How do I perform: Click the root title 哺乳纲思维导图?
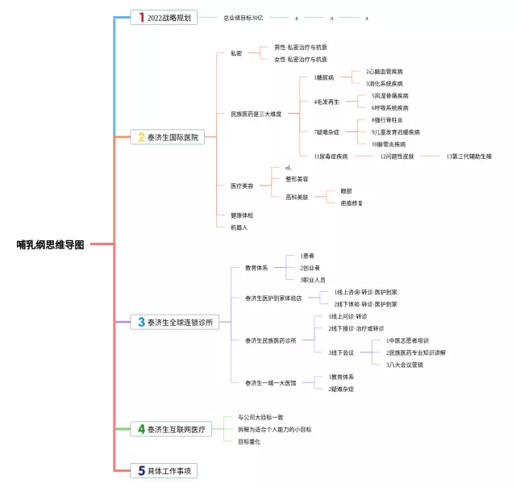click(x=50, y=244)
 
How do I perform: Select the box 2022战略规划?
click(x=164, y=17)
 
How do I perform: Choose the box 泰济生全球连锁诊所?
click(x=175, y=322)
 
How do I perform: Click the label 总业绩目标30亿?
click(x=243, y=17)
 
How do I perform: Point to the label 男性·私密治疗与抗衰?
click(x=301, y=48)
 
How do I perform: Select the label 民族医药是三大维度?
click(x=256, y=114)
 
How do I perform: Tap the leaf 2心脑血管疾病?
click(x=385, y=72)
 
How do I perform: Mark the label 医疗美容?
click(x=242, y=186)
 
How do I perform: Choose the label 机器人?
click(x=239, y=227)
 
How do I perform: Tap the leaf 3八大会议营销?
click(x=405, y=365)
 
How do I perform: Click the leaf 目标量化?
click(x=249, y=441)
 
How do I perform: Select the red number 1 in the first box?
click(x=142, y=17)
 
